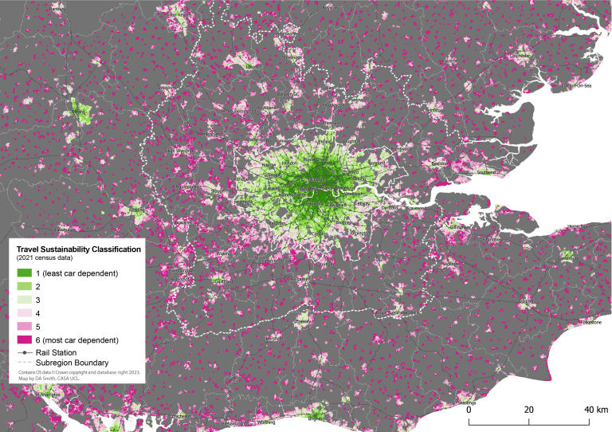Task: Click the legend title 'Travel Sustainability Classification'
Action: click(79, 249)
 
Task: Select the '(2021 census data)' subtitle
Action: click(44, 258)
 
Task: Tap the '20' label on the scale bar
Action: click(528, 409)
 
